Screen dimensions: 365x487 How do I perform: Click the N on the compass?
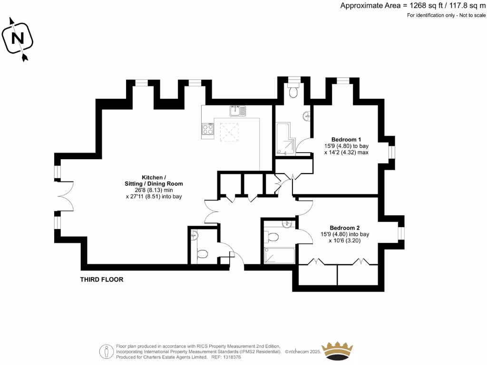tap(18, 38)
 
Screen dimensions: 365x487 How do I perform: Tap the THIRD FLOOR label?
tap(101, 279)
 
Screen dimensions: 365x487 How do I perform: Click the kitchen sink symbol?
tap(237, 111)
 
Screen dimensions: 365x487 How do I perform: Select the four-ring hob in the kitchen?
tap(208, 130)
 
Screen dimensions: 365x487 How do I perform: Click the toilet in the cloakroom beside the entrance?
tap(201, 254)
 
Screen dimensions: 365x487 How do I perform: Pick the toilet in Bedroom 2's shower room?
tap(273, 236)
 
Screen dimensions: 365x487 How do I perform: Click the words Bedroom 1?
tap(346, 139)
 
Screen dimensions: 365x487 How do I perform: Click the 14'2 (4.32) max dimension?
tap(346, 153)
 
